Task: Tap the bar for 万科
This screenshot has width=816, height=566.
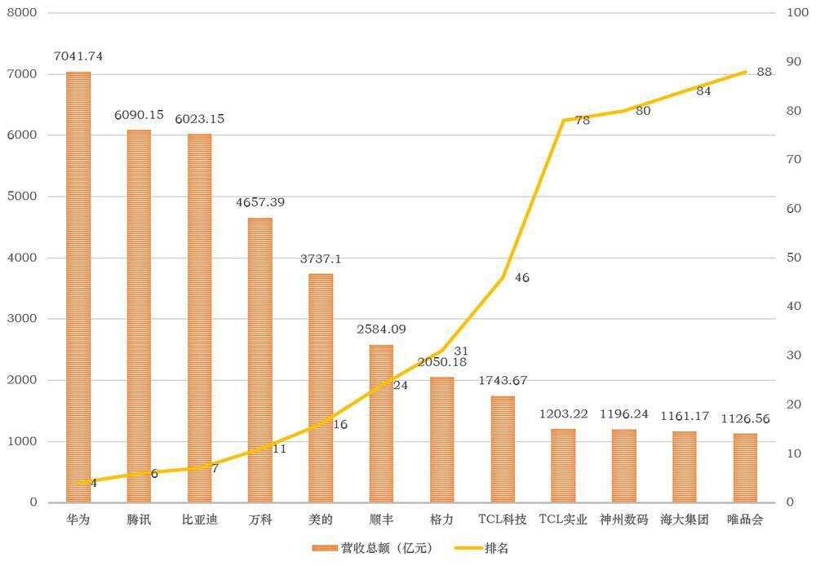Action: click(260, 360)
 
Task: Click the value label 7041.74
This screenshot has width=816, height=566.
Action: click(78, 56)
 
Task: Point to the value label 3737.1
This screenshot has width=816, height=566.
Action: click(321, 259)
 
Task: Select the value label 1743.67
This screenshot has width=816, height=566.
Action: click(503, 381)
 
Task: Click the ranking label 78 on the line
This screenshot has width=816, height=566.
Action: click(583, 121)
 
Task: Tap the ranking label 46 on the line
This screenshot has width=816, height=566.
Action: click(522, 278)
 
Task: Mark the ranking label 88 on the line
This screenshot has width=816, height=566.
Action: click(765, 72)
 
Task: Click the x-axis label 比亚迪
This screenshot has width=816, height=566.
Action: click(199, 520)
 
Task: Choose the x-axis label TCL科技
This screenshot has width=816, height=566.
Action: click(503, 520)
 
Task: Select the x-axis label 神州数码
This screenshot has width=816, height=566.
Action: click(623, 520)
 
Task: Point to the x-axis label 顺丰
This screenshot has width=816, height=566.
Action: click(381, 520)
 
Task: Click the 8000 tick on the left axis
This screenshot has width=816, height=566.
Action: click(23, 13)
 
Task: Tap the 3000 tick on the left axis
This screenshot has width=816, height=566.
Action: click(23, 319)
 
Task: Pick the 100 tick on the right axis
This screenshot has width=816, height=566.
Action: click(796, 13)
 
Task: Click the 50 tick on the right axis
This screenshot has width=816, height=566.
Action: click(793, 258)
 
